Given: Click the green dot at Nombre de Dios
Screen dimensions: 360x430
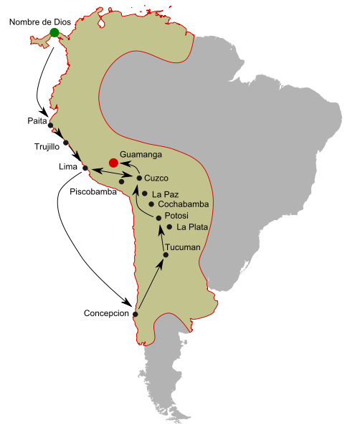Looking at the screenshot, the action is tap(55, 32).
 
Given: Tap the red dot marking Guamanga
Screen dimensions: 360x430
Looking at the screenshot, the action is tap(113, 163).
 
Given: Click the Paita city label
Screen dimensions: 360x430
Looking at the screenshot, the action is tap(30, 123).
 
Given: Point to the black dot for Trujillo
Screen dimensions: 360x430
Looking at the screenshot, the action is tap(66, 142).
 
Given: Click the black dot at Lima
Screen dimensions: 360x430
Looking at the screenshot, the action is tap(85, 169).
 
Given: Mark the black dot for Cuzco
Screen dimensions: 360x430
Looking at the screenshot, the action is tap(138, 177).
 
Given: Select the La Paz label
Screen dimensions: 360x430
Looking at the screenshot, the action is tap(165, 193).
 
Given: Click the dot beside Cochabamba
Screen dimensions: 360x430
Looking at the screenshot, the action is tap(151, 204).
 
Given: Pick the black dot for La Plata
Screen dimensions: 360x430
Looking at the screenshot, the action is tap(169, 227).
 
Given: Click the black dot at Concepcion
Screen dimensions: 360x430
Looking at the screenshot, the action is tap(136, 314).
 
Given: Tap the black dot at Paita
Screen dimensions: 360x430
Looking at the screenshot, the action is tap(50, 126).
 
